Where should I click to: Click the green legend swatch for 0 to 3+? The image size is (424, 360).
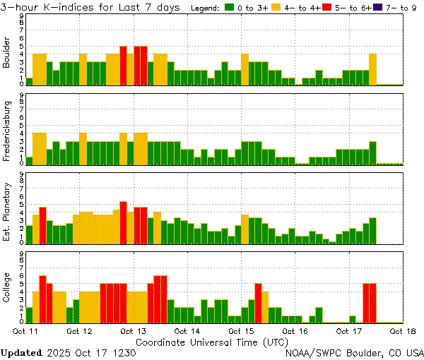[x=230, y=7]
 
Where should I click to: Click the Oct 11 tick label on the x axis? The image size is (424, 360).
[x=25, y=330]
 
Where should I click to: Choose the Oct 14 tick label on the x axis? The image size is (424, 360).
[x=187, y=330]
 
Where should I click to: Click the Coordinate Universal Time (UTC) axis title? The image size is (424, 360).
[x=211, y=341]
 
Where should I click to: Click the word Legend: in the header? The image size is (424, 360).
[x=206, y=7]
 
